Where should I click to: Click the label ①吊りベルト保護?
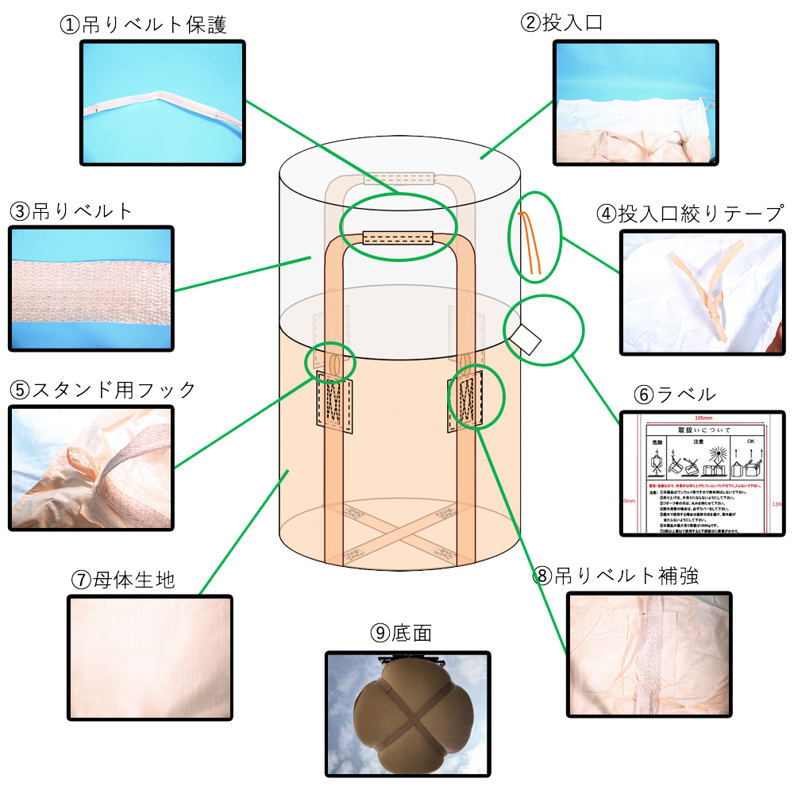[x=143, y=25]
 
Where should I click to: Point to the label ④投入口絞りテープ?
[x=689, y=214]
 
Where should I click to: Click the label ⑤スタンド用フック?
[x=102, y=390]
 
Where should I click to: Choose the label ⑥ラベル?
[x=675, y=394]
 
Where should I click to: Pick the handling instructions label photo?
[x=702, y=473]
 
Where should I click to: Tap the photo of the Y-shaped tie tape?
[x=702, y=293]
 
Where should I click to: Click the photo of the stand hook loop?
[x=91, y=468]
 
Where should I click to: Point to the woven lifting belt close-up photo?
[x=91, y=288]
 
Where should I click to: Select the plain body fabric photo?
[x=150, y=657]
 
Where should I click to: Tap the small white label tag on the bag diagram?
[x=526, y=338]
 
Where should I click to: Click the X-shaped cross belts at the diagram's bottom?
[x=399, y=532]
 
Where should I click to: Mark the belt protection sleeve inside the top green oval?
[x=397, y=237]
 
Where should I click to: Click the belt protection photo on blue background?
[x=163, y=103]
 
